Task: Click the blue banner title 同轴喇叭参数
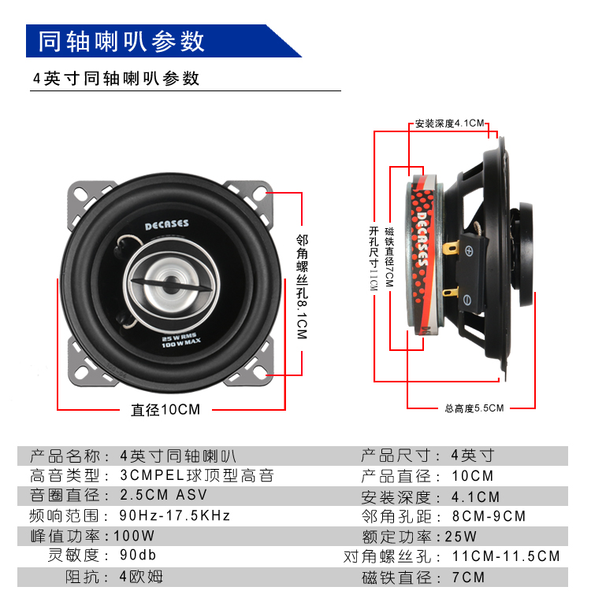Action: pos(121,41)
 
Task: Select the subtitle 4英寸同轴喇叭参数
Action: pos(116,79)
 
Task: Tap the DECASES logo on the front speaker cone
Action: pos(166,224)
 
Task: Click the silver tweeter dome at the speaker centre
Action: pos(171,285)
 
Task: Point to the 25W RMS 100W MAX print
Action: pos(180,341)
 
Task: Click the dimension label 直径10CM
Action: pos(165,410)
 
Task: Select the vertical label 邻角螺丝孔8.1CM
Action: pos(302,286)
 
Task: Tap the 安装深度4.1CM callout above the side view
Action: pos(449,124)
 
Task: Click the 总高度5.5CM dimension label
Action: pos(474,408)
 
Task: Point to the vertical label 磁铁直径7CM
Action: pos(389,257)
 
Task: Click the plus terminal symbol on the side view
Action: pos(469,250)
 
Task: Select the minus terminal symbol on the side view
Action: pos(467,300)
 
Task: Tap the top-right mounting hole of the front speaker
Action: pos(260,193)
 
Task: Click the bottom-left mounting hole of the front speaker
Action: pos(82,372)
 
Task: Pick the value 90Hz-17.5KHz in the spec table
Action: pos(175,515)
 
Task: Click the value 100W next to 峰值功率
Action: pos(134,536)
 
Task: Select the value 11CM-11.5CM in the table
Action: pos(506,556)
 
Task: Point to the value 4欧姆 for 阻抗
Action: pos(141,577)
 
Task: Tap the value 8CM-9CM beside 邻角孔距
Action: pos(489,516)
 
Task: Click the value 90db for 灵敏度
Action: pos(138,556)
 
